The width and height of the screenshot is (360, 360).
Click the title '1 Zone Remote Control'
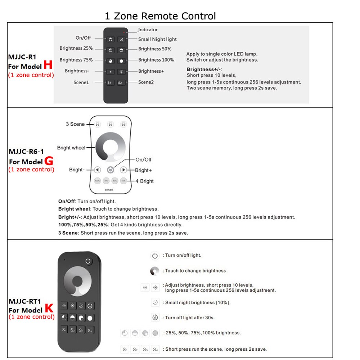point(160,16)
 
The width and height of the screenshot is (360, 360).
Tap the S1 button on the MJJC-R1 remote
point(110,82)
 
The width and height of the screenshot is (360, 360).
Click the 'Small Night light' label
point(157,39)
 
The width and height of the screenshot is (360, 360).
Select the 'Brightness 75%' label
point(76,60)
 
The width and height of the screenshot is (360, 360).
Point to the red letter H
point(48,65)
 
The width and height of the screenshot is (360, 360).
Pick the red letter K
point(49,309)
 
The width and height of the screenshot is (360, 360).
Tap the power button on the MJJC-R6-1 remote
point(111,170)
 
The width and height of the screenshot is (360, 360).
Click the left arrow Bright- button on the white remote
point(98,170)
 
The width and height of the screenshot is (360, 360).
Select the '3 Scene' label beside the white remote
point(75,124)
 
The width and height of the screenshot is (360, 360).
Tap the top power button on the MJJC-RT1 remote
point(88,261)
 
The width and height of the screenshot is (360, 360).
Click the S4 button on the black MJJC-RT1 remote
point(90,330)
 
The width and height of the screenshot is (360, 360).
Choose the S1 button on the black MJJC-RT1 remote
point(64,330)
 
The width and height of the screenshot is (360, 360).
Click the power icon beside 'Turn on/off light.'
point(155,256)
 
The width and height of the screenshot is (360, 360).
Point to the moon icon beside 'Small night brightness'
point(155,302)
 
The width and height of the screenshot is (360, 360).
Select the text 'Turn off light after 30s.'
point(190,318)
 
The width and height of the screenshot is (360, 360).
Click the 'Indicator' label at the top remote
point(148,30)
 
